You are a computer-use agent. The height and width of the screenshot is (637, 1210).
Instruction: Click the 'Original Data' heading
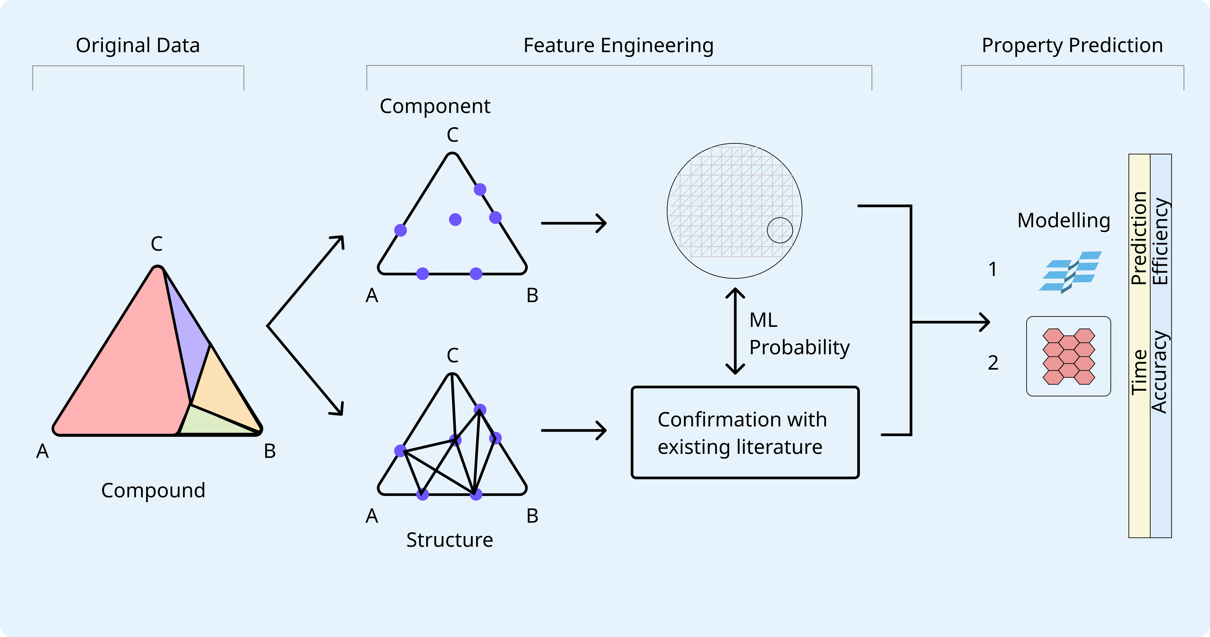(138, 46)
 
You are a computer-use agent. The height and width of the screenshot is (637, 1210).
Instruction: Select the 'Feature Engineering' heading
(618, 46)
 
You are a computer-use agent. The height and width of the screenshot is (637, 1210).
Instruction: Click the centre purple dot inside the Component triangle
(455, 219)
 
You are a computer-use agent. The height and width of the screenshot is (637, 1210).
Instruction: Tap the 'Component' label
(435, 106)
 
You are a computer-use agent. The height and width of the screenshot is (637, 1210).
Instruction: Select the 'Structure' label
(449, 540)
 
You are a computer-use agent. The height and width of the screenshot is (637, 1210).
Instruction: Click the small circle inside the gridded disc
(780, 230)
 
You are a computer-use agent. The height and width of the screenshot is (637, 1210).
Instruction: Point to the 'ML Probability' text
(798, 334)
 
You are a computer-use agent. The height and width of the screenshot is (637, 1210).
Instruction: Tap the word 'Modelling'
(1063, 220)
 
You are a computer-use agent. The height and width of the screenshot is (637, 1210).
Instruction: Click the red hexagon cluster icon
(1069, 356)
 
